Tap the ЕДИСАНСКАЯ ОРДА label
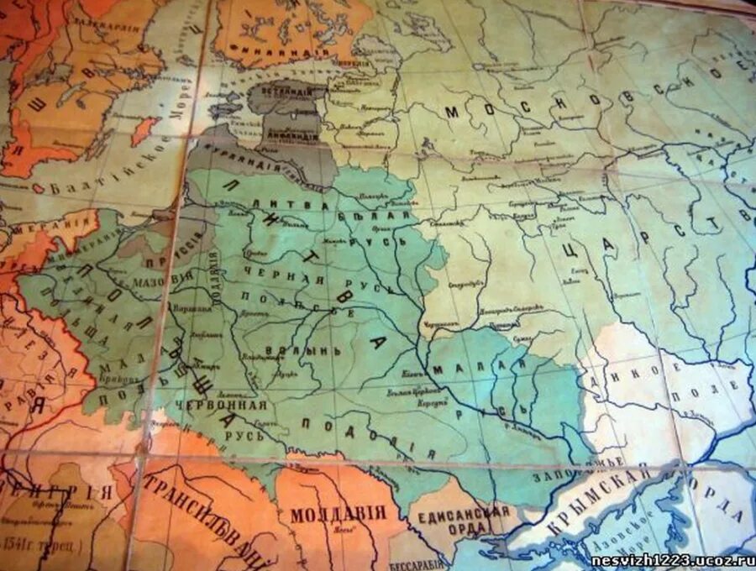(x=463, y=519)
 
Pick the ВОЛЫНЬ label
(x=290, y=348)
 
